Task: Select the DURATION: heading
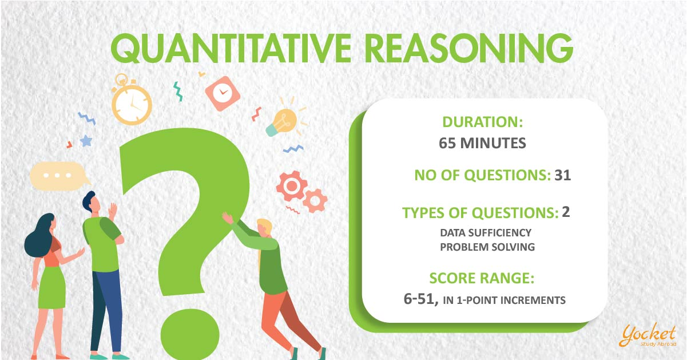482,122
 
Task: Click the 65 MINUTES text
482,143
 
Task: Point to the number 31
563,175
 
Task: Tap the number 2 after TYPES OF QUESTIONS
566,212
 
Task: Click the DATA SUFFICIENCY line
486,232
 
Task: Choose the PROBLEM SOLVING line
487,247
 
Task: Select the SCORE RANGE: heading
482,278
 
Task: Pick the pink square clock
223,93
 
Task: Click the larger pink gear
291,185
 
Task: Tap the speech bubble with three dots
59,176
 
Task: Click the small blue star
86,141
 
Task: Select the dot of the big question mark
190,334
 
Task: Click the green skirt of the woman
52,287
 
